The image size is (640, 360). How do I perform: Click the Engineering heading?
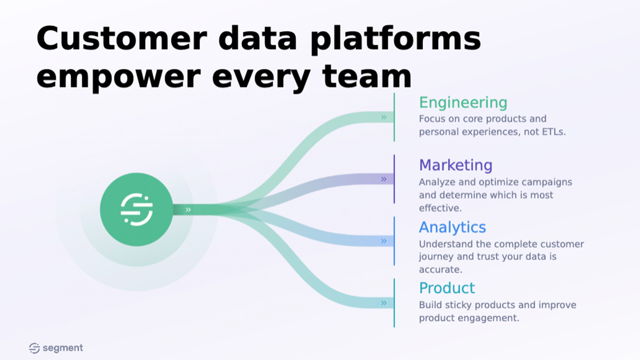[x=463, y=103]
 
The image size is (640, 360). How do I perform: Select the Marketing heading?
[x=455, y=165]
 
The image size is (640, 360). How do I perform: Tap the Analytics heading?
[x=452, y=227]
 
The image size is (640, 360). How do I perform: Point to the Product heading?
[x=447, y=288]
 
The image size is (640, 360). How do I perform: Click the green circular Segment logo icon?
[x=136, y=210]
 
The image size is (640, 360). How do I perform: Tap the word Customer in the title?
[x=122, y=38]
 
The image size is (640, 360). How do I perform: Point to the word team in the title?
[x=367, y=77]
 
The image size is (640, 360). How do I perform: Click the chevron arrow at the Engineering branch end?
[x=384, y=117]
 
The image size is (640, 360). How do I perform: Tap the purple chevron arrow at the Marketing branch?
[x=384, y=179]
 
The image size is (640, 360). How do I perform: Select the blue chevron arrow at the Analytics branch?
[x=384, y=241]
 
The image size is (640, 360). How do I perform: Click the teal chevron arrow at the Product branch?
[x=384, y=303]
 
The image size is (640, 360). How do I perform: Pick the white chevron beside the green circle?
[x=188, y=210]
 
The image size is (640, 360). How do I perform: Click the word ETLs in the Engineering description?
[x=553, y=132]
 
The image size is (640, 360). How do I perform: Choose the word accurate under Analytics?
[x=440, y=270]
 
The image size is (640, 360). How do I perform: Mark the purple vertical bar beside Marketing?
[x=394, y=179]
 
